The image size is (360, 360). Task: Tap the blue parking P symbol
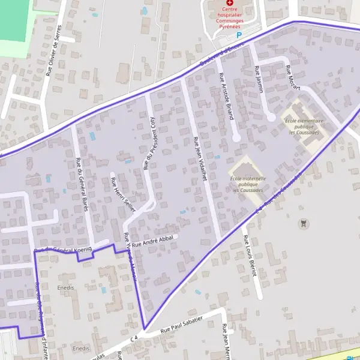239,36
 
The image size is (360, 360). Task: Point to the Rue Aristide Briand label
226,97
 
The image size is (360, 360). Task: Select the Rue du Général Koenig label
62,250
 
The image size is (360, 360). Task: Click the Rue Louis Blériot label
249,256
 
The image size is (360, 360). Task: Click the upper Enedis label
65,288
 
